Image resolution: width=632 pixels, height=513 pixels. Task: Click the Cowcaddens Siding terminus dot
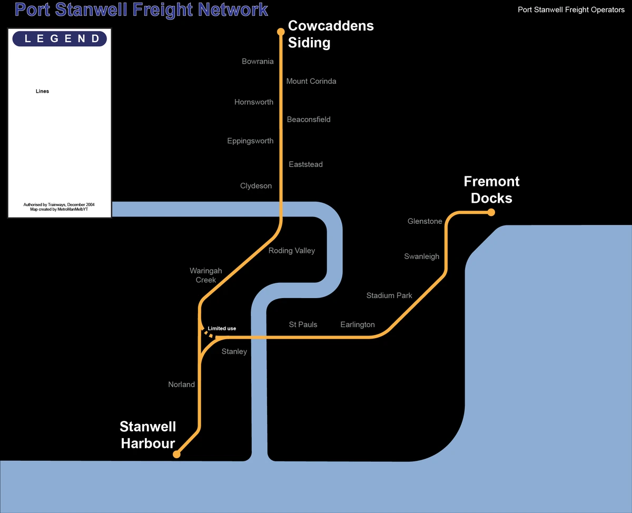click(281, 32)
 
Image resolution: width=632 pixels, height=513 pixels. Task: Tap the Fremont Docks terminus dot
click(491, 212)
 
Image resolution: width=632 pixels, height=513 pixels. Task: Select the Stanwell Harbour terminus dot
click(177, 454)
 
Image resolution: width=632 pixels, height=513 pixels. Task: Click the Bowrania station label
click(258, 62)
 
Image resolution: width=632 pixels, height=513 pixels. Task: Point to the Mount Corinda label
click(311, 81)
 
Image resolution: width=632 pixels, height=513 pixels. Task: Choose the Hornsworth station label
click(254, 102)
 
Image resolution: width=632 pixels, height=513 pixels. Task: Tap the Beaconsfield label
click(309, 120)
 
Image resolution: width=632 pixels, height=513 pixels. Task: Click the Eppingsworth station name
click(250, 141)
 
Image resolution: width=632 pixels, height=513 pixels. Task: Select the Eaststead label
click(305, 164)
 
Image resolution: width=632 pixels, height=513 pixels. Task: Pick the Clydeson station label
click(256, 186)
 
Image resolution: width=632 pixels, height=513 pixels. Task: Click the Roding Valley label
click(291, 251)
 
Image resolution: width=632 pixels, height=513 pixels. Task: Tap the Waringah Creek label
click(206, 275)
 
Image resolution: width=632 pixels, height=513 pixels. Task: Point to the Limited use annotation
click(222, 329)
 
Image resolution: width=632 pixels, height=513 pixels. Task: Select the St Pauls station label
click(303, 324)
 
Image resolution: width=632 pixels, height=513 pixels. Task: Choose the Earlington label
click(358, 324)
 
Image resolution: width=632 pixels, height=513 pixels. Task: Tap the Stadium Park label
click(389, 295)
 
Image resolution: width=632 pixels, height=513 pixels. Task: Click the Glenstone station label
click(424, 221)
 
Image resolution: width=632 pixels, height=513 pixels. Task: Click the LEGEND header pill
click(60, 38)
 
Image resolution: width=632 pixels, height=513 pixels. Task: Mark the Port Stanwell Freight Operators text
click(571, 10)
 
